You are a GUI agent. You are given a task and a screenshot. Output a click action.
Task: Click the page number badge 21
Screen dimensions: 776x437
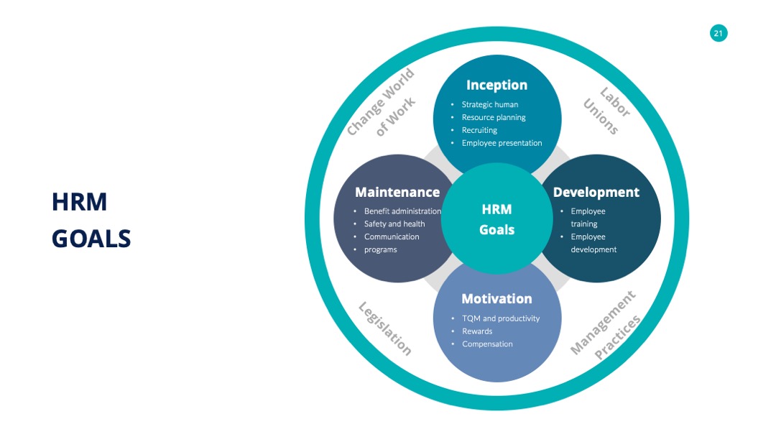pos(719,33)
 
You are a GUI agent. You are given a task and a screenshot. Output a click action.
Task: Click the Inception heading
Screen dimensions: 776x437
pos(497,85)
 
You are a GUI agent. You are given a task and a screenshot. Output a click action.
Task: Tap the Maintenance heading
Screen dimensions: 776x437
pos(397,192)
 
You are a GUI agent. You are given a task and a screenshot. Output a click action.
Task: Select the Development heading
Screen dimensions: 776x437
pos(596,192)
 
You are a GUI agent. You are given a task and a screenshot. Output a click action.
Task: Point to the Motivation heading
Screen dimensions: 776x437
pos(497,298)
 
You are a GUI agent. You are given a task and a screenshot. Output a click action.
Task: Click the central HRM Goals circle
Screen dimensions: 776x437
pos(497,218)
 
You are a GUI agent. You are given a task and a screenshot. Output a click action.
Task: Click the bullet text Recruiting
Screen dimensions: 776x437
pos(479,130)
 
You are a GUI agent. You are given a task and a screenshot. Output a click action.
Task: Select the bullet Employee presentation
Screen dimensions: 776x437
pos(502,143)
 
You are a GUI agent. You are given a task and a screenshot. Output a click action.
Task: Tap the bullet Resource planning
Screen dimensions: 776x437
pos(494,117)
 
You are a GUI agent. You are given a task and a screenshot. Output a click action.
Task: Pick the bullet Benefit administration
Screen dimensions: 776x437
pos(402,211)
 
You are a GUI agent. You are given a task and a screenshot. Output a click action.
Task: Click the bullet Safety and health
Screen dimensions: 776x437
pos(394,224)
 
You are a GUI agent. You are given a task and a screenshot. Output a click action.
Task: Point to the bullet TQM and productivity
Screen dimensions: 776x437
pos(501,318)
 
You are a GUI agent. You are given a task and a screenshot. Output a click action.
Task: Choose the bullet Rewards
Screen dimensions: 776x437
pos(477,331)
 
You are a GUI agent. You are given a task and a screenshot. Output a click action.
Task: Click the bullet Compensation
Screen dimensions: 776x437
pos(487,344)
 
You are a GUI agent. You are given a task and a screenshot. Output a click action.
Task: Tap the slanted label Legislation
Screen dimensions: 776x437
pos(385,328)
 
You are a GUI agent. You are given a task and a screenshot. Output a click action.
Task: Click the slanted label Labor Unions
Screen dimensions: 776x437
pos(606,111)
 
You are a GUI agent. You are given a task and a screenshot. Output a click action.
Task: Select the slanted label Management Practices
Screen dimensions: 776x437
pos(606,325)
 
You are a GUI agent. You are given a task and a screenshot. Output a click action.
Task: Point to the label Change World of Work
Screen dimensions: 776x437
pos(381,103)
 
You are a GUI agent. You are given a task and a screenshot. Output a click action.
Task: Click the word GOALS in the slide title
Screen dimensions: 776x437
pos(91,239)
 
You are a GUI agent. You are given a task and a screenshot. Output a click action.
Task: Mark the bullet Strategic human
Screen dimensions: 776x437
pos(490,104)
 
